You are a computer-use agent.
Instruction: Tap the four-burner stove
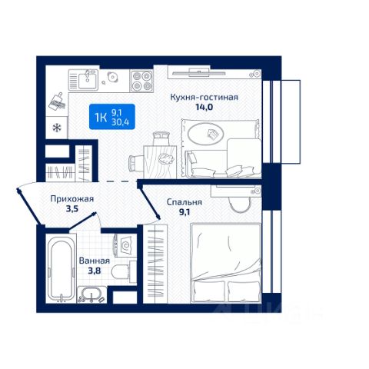pyautogui.click(x=141, y=81)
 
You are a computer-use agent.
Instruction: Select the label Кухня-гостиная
pyautogui.click(x=204, y=98)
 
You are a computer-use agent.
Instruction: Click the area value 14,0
pyautogui.click(x=204, y=107)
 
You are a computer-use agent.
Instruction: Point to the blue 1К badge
pyautogui.click(x=112, y=117)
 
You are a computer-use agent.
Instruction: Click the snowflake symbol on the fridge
pyautogui.click(x=57, y=128)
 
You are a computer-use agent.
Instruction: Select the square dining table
pyautogui.click(x=160, y=162)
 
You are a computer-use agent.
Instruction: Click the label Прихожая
pyautogui.click(x=72, y=199)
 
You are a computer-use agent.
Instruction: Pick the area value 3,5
pyautogui.click(x=72, y=209)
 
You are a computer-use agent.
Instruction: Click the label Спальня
pyautogui.click(x=184, y=202)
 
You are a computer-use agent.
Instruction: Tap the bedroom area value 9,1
pyautogui.click(x=184, y=212)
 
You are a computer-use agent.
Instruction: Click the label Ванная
pyautogui.click(x=95, y=261)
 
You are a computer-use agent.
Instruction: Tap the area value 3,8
pyautogui.click(x=95, y=271)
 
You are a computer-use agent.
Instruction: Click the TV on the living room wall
pyautogui.click(x=199, y=72)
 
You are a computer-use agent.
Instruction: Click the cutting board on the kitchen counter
pyautogui.click(x=57, y=102)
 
